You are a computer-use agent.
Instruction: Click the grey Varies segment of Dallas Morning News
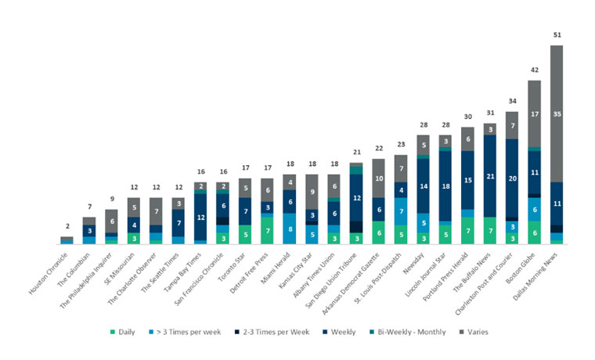(x=557, y=113)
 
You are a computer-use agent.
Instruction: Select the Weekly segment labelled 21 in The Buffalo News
(x=490, y=176)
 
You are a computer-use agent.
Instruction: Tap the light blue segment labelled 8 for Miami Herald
(x=290, y=229)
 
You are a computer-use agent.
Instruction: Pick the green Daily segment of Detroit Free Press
(x=268, y=231)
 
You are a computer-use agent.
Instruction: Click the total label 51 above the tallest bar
(x=557, y=35)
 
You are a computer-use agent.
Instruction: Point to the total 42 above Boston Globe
(x=535, y=70)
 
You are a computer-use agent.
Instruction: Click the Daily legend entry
(x=123, y=332)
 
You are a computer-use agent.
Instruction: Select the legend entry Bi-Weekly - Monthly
(x=408, y=332)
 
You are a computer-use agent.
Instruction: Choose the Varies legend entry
(x=474, y=332)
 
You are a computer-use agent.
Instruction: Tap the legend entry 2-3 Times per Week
(x=272, y=332)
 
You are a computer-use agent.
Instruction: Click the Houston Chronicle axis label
(x=49, y=273)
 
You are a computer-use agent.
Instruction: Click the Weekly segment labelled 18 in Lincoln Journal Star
(x=446, y=186)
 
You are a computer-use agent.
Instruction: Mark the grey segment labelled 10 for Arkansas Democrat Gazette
(x=379, y=178)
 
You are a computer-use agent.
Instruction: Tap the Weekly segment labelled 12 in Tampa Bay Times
(x=200, y=217)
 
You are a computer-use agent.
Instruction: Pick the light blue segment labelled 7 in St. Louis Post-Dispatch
(x=401, y=211)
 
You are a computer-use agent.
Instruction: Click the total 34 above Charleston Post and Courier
(x=512, y=101)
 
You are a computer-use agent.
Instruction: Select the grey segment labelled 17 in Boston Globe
(x=534, y=113)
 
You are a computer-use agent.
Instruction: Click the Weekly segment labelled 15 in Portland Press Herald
(x=468, y=180)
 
